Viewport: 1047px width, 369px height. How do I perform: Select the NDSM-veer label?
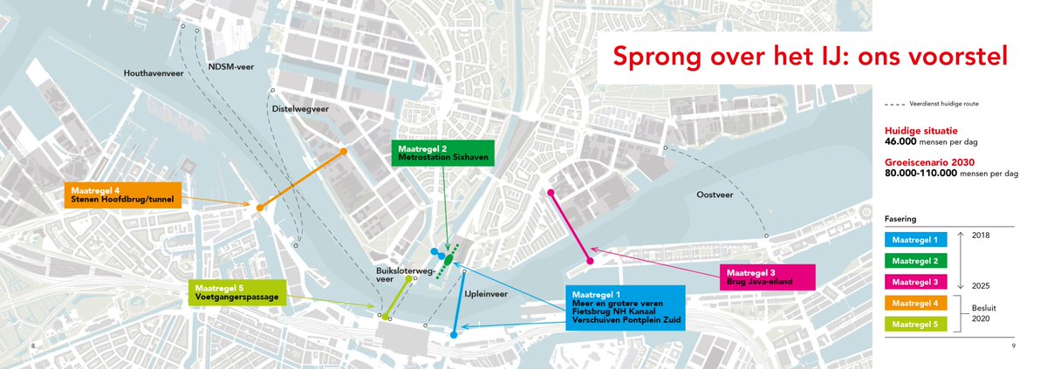pos(230,67)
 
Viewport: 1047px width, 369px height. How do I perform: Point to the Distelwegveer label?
pos(300,109)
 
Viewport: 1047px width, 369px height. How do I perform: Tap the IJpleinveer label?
pos(486,295)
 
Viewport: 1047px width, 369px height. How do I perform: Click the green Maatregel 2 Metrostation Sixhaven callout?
pos(442,153)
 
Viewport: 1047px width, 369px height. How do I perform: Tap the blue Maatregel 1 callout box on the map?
pos(624,307)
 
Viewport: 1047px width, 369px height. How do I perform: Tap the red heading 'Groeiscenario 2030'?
pos(926,162)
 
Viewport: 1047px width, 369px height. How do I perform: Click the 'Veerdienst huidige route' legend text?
pos(943,103)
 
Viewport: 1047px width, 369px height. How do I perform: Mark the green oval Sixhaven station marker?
pos(448,258)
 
